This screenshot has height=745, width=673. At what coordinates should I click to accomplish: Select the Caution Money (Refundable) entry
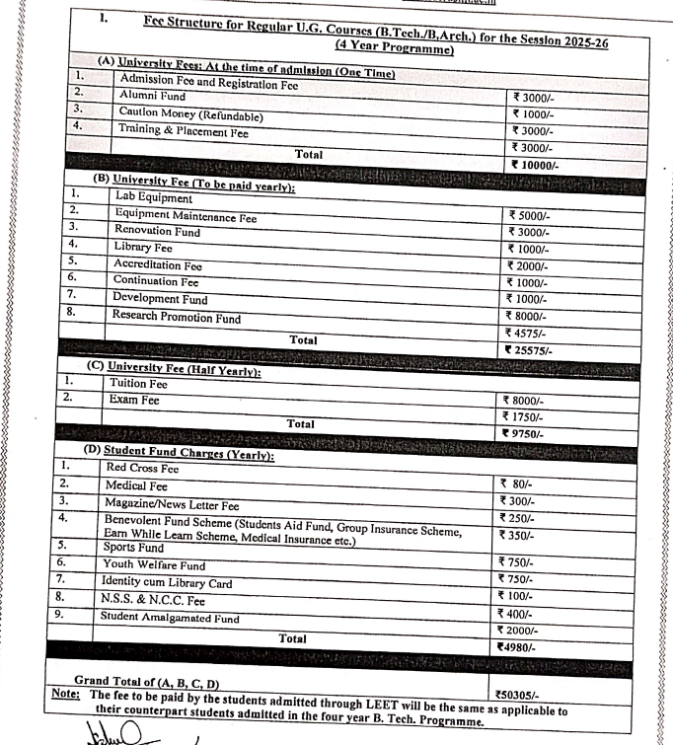pos(184,112)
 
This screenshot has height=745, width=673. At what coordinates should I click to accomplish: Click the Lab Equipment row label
pos(153,197)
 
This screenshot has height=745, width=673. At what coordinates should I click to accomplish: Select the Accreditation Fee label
pos(157,265)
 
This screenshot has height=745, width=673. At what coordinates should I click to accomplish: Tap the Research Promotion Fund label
pos(176,317)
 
